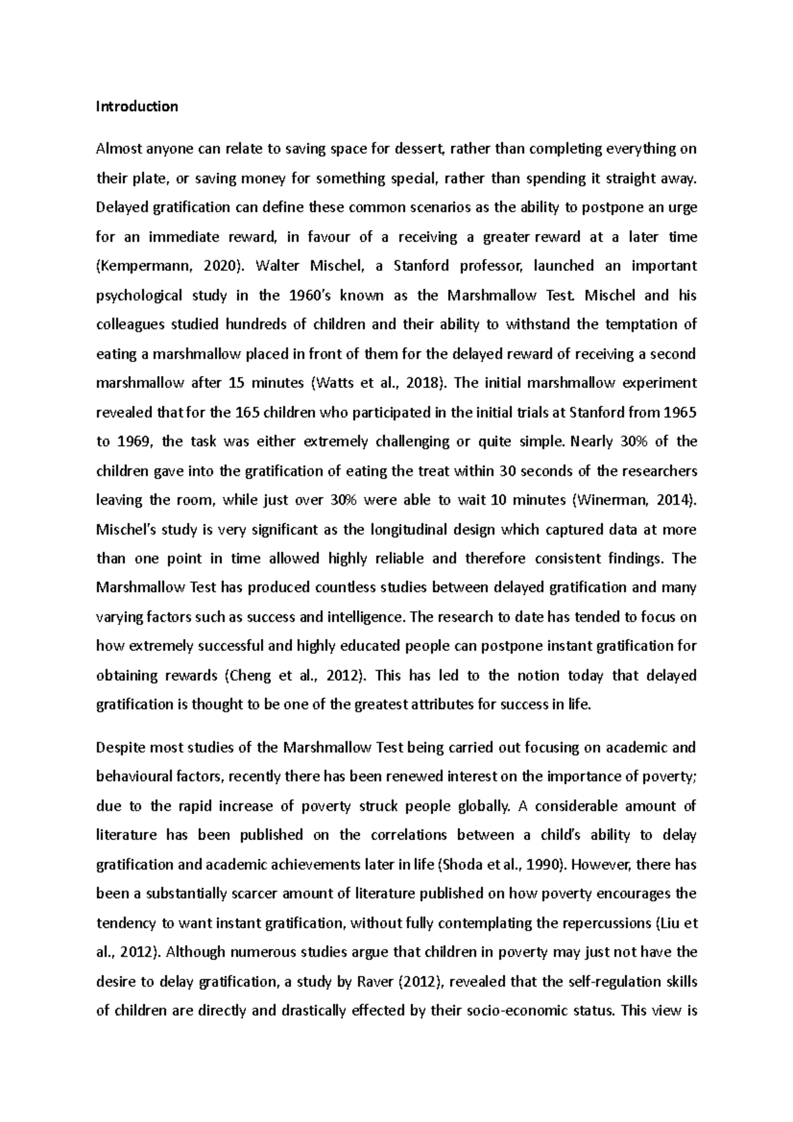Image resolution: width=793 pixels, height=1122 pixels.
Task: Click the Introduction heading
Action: [137, 106]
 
